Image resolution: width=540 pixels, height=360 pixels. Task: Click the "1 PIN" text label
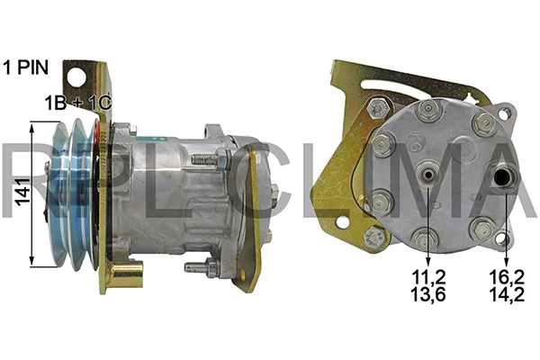point(26,67)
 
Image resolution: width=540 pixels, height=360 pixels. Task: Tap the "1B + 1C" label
point(78,103)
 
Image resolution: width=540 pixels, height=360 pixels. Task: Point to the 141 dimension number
point(23,193)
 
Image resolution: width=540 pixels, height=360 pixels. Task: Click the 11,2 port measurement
point(428,276)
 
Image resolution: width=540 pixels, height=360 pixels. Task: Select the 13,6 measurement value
point(428,294)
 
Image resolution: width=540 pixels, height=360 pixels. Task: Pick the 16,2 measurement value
point(507,276)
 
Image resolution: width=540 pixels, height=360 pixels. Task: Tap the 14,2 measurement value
point(507,294)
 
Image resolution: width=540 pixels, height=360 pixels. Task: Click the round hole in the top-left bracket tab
point(76,77)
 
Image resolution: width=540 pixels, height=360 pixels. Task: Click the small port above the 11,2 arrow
point(428,175)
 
